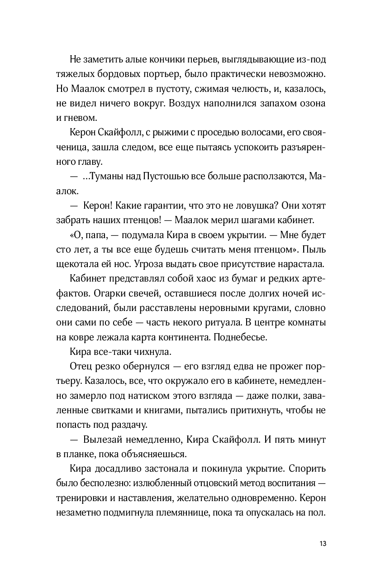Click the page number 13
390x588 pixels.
(322, 544)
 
